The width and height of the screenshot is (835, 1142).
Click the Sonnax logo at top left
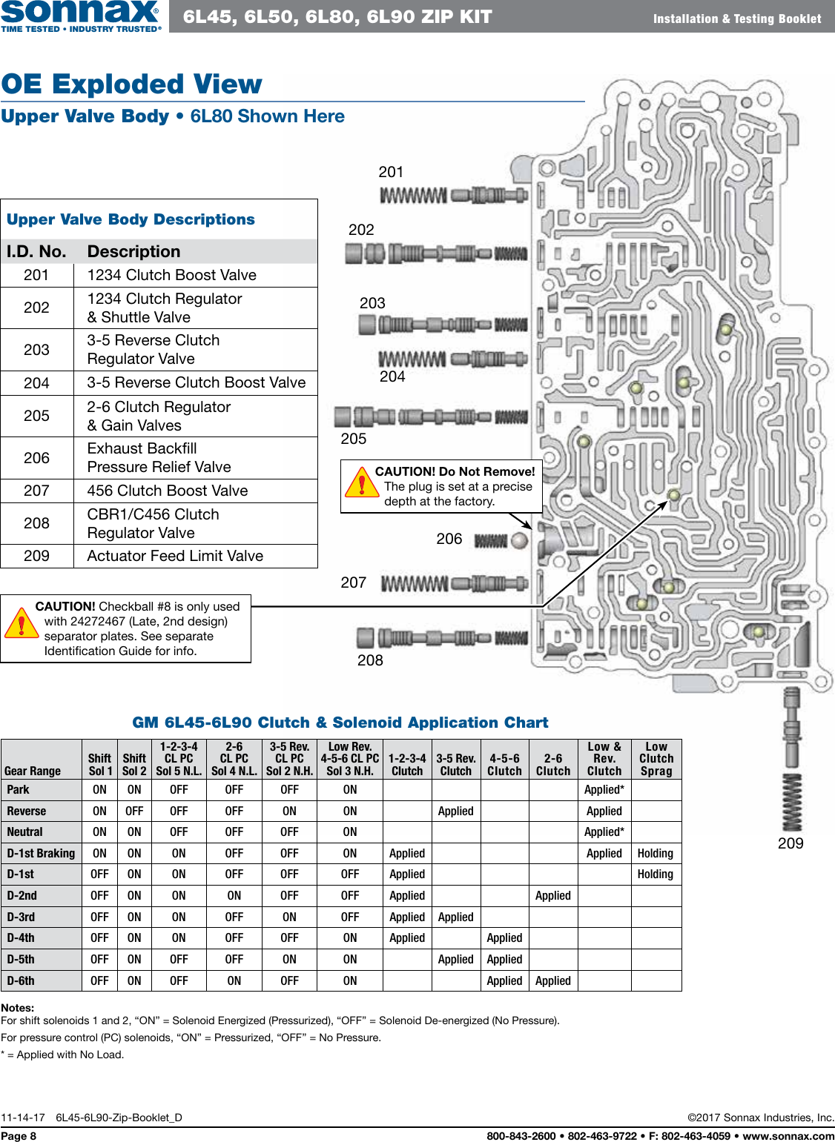coord(80,16)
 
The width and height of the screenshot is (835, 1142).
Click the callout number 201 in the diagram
coord(391,172)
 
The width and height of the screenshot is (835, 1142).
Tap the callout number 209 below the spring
coord(791,843)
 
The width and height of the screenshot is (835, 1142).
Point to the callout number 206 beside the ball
coord(449,539)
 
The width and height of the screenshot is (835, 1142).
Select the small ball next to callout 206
coord(520,540)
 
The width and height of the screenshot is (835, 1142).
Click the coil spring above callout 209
coord(792,803)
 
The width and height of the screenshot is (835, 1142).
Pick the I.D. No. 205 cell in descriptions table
coord(36,416)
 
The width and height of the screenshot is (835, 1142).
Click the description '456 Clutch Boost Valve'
coord(168,491)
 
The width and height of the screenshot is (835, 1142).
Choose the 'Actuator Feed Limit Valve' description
coord(175,556)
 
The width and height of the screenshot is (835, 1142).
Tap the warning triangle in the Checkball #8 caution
coord(22,624)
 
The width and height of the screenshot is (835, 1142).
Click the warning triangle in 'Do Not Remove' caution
coord(361,482)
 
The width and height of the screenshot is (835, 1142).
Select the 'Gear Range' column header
coord(33,771)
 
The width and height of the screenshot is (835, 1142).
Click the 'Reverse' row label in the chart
coord(27,811)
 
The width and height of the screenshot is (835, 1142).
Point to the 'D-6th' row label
coord(21,980)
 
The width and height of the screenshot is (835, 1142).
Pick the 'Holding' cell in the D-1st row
coord(656,874)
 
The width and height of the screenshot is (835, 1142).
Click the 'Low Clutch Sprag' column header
coord(656,759)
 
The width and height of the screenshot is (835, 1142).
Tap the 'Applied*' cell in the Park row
coord(604,790)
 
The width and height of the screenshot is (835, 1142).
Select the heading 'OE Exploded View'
coord(132,84)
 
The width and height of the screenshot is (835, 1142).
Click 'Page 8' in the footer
coord(19,1135)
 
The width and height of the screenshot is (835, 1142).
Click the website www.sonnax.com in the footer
coord(788,1135)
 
